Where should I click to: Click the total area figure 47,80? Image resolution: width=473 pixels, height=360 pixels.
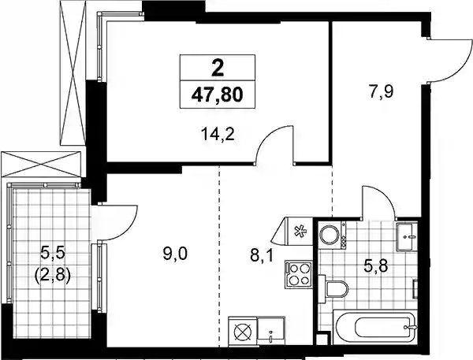click(x=218, y=95)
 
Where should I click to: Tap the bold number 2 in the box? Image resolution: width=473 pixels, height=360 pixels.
click(x=218, y=69)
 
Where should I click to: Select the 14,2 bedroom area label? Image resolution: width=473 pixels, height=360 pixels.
click(x=218, y=135)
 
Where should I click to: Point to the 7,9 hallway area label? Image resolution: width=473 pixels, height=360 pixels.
click(x=381, y=91)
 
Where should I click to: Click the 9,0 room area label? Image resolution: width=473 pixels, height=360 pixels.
click(x=175, y=254)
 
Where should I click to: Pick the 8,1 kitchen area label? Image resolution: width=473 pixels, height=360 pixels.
click(x=261, y=257)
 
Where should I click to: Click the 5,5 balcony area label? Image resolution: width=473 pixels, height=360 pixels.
click(x=53, y=253)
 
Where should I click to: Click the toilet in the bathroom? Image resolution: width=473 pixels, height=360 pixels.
click(x=333, y=289)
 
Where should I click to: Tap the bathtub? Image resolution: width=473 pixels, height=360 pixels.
click(x=375, y=327)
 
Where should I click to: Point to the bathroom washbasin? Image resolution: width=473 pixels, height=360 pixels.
click(x=407, y=236)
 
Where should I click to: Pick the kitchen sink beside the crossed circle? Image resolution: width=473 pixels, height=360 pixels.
click(x=271, y=330)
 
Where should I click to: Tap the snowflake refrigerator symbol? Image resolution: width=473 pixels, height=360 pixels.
click(x=300, y=232)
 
